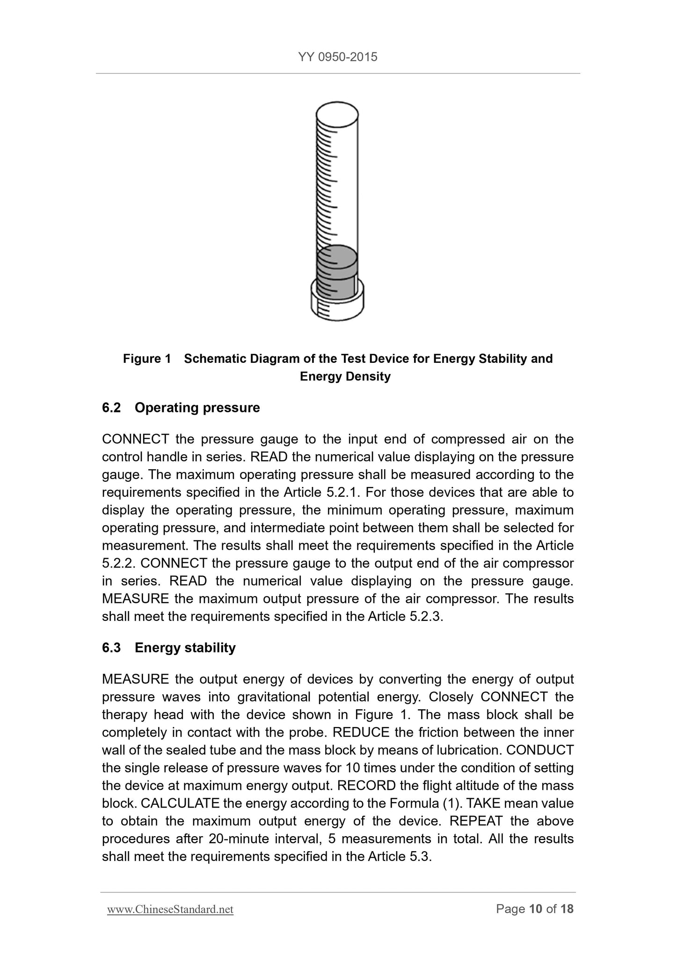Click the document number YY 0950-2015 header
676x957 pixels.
point(337,57)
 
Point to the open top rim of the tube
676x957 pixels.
point(337,113)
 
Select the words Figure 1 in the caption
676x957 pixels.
point(147,359)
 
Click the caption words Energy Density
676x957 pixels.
point(345,376)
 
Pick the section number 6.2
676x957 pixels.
point(111,408)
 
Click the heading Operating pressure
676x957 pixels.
point(197,408)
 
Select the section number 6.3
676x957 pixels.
point(111,648)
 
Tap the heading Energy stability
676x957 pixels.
point(185,648)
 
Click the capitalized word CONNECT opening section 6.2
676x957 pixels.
point(135,439)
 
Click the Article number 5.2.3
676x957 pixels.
point(425,617)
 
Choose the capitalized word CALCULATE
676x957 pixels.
point(180,803)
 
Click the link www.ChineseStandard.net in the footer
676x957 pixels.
point(170,909)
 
